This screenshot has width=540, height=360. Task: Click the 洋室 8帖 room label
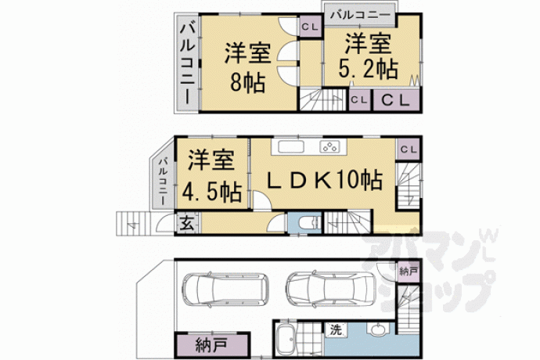247,67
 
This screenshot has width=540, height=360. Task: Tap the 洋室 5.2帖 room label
368,56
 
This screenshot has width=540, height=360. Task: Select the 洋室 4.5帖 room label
211,175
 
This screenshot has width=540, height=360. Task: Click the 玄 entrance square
187,224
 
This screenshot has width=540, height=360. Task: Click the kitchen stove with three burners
330,147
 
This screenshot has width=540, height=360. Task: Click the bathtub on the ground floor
286,340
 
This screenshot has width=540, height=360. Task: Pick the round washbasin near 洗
377,329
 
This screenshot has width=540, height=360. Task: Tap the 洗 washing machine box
335,329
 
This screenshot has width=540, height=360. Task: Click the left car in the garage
225,290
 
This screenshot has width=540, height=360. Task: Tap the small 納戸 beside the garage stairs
409,272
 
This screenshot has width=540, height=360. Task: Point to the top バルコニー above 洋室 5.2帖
360,15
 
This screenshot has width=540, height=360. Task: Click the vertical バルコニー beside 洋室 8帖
188,63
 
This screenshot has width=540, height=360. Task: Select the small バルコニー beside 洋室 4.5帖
163,181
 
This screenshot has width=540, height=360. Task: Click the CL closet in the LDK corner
409,149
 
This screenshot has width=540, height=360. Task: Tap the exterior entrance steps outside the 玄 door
134,224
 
